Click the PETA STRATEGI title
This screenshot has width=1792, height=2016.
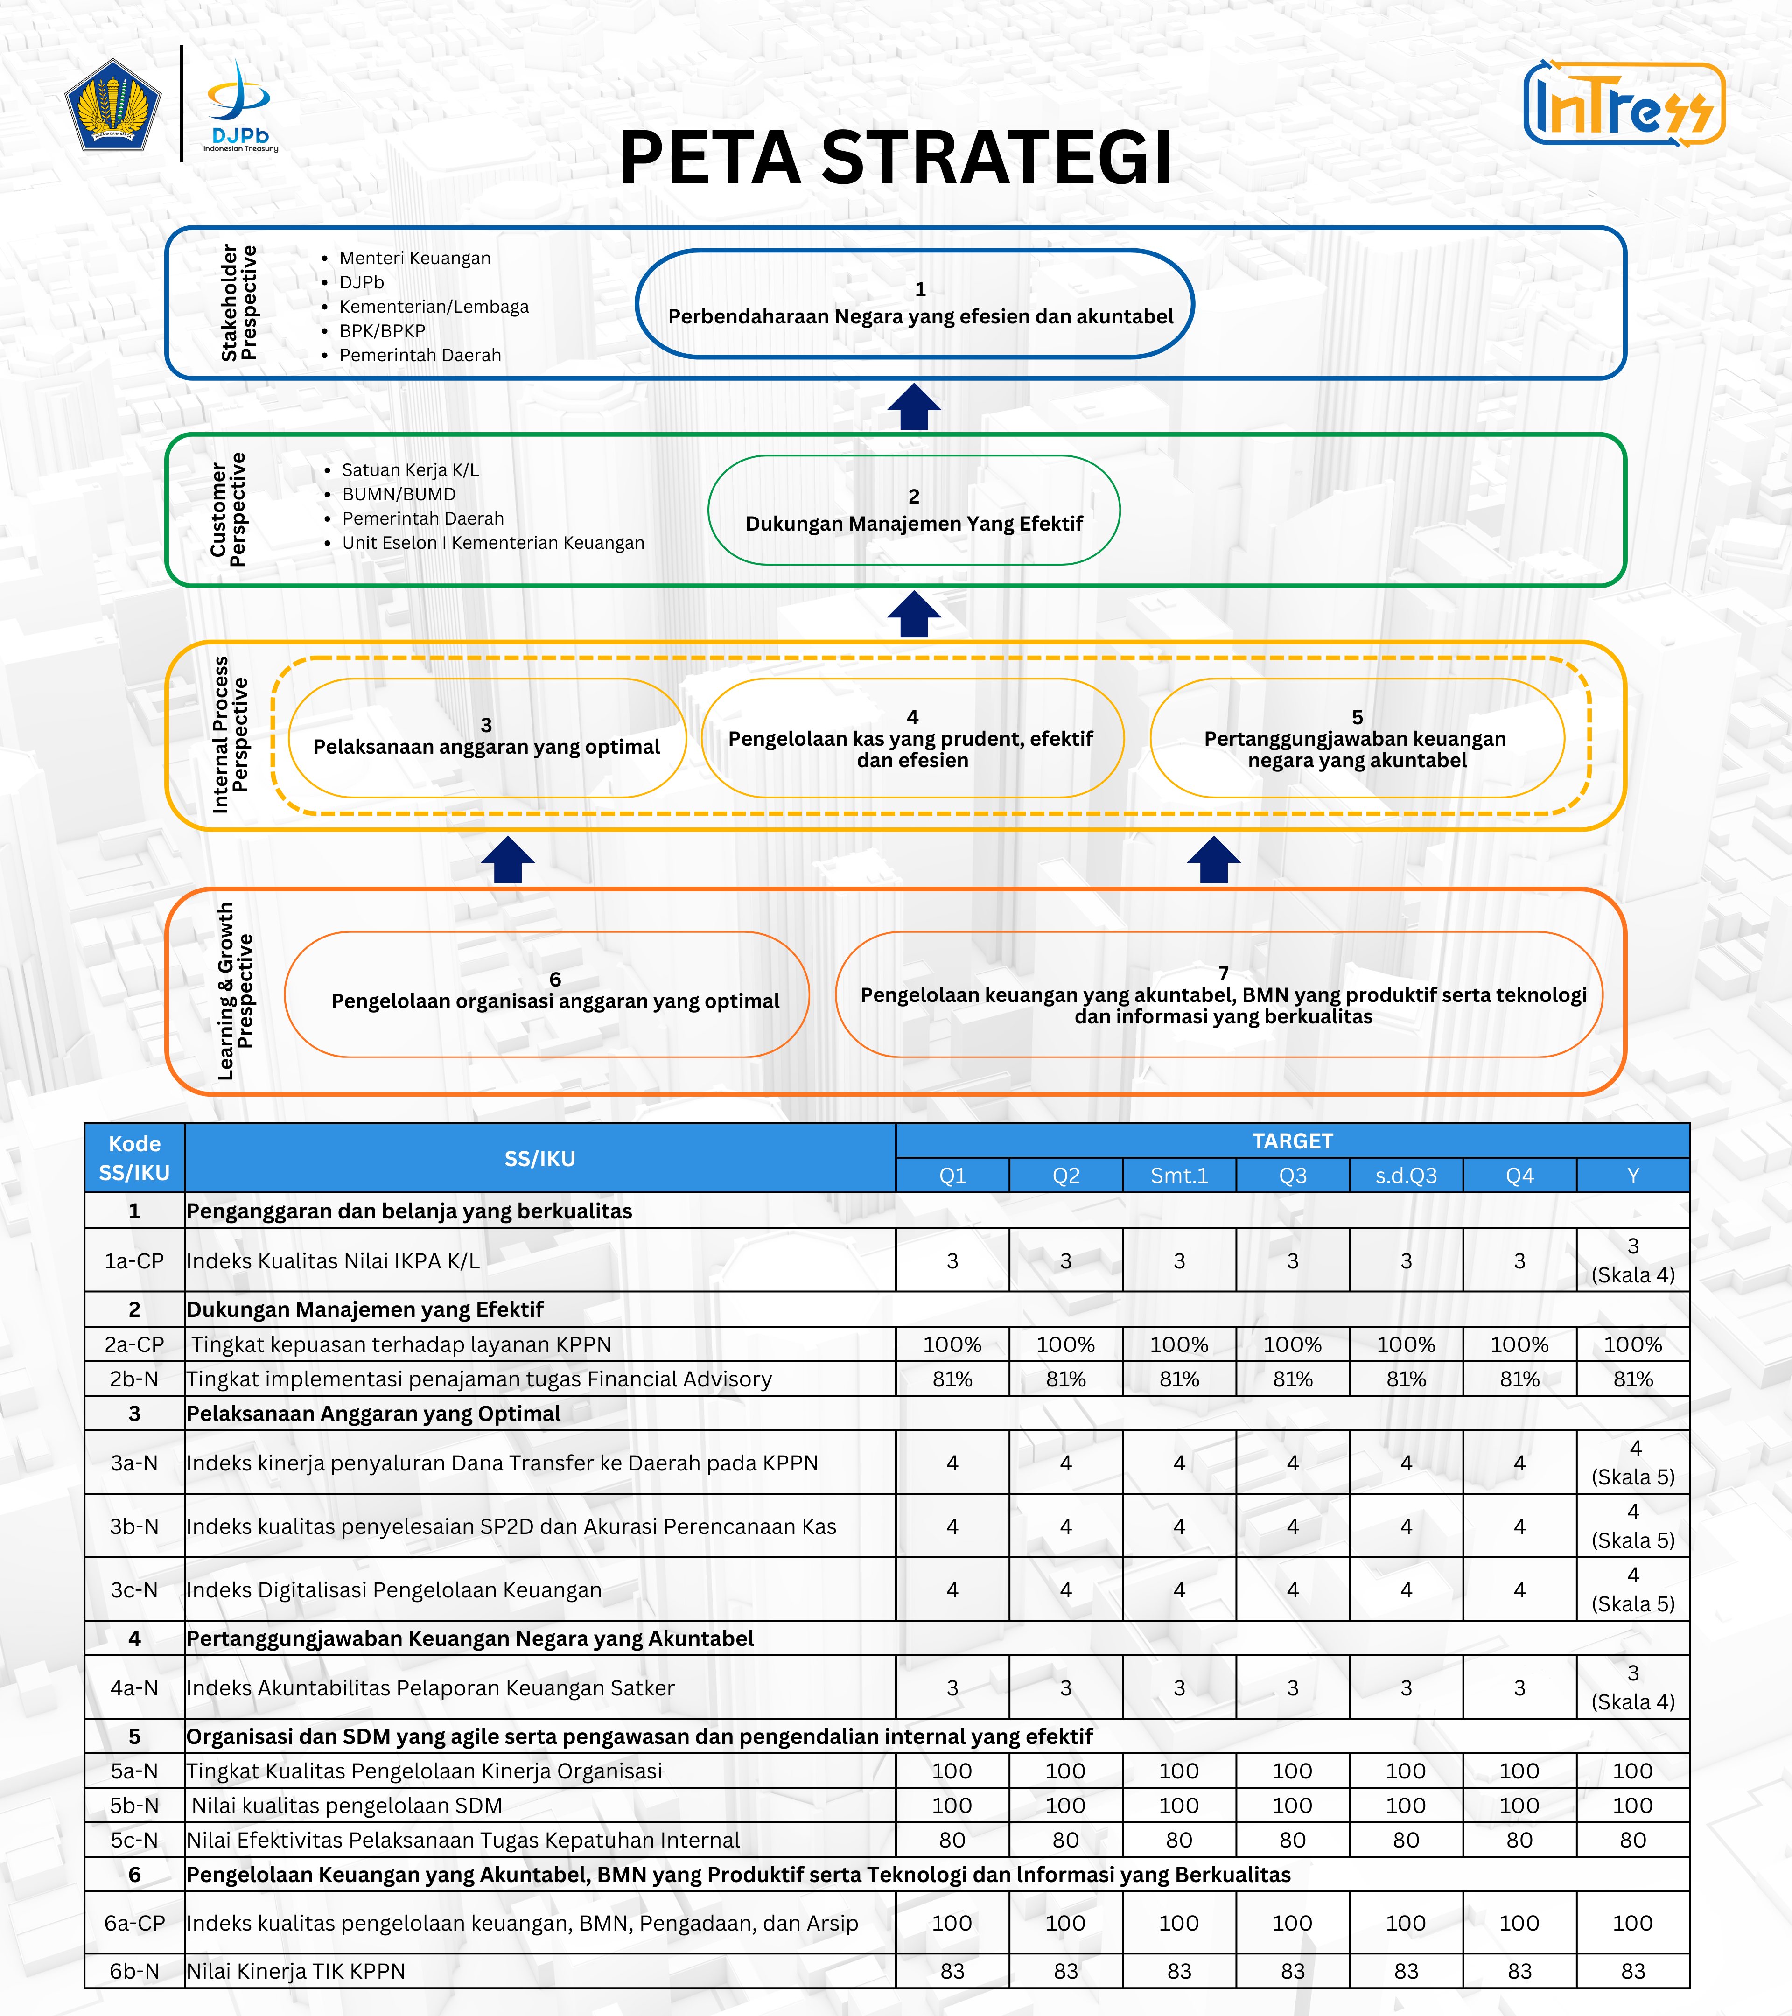tap(896, 158)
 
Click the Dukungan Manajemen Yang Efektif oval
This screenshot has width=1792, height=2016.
tap(913, 510)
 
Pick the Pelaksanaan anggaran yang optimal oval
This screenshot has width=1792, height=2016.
tap(486, 738)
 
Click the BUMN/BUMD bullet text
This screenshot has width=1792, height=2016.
tap(399, 494)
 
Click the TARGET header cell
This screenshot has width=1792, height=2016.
tap(1292, 1141)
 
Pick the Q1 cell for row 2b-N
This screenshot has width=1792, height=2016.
tap(952, 1379)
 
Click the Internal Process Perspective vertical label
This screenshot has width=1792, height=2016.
tap(230, 735)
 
